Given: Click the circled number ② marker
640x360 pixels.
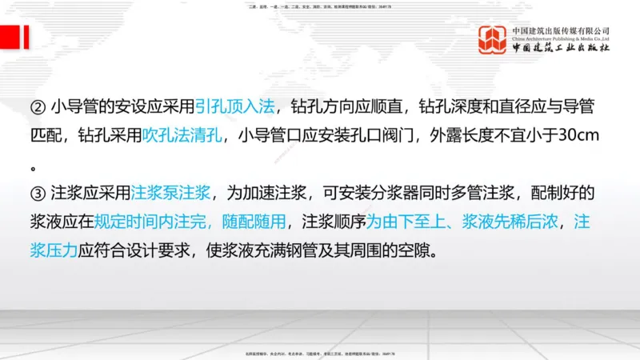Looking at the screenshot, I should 38,107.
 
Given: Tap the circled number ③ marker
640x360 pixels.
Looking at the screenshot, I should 38,194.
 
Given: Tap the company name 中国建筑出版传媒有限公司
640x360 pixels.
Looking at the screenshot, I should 561,30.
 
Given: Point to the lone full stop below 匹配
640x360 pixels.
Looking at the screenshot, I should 34,168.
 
